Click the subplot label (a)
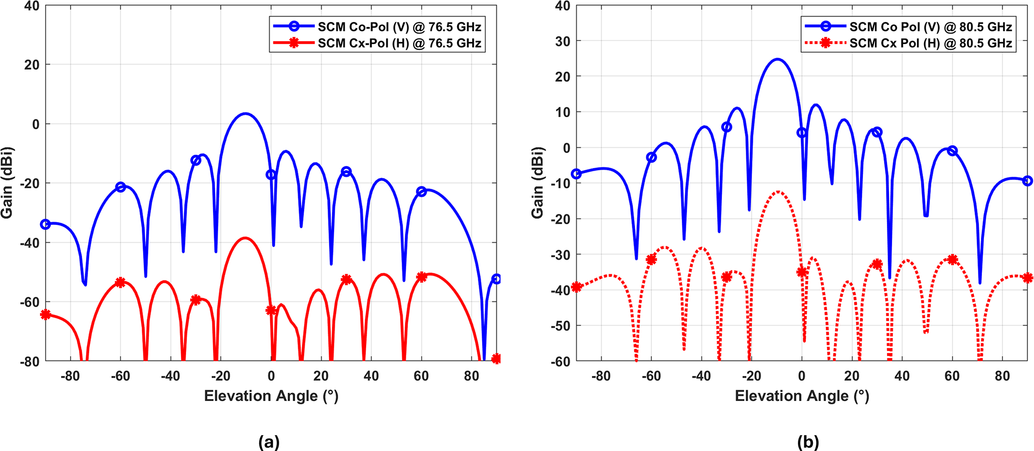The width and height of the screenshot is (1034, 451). click(x=269, y=442)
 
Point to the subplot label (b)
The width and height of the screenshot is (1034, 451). click(x=808, y=442)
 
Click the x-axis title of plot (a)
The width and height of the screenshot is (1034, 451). click(x=271, y=396)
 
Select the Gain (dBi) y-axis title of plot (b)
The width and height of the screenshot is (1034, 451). click(x=537, y=183)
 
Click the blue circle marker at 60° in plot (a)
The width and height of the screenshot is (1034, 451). click(x=421, y=192)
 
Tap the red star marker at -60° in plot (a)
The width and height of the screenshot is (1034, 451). click(x=120, y=282)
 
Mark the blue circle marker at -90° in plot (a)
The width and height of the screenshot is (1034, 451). click(x=46, y=224)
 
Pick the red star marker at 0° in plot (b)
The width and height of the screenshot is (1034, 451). click(x=802, y=272)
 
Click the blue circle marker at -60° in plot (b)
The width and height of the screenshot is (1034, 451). click(x=651, y=157)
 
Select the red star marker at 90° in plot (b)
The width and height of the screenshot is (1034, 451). click(x=1027, y=277)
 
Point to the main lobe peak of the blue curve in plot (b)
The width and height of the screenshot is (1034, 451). click(x=777, y=60)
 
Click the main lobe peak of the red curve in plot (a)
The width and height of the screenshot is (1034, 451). click(x=245, y=238)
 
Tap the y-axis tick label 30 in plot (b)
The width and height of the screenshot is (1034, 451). click(x=563, y=41)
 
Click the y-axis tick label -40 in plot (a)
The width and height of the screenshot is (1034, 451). click(x=29, y=243)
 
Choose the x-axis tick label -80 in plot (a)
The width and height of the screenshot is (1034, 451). click(x=71, y=376)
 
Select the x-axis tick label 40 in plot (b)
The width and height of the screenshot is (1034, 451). click(x=902, y=376)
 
